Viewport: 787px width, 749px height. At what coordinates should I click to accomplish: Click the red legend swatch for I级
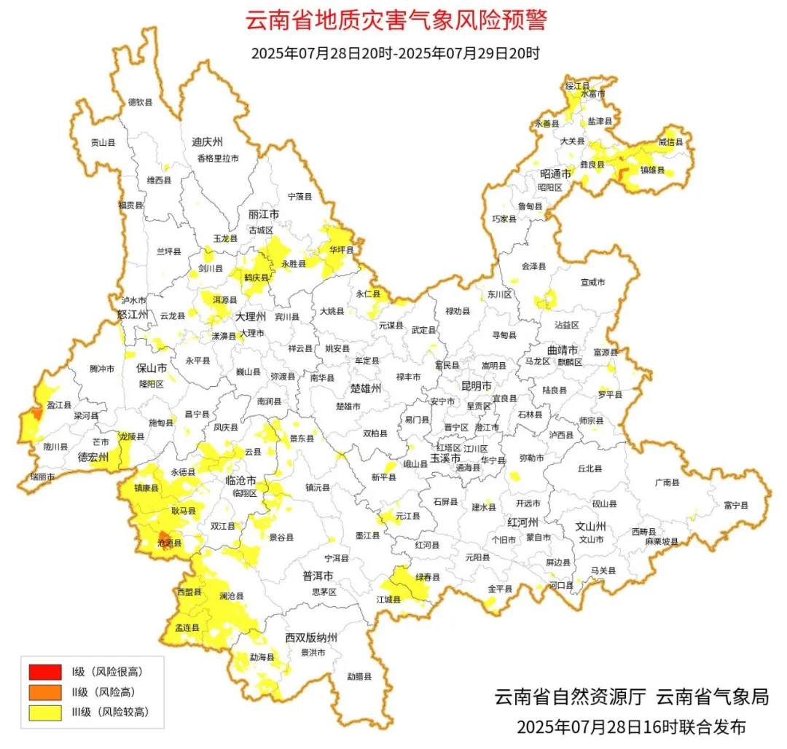pos(45,671)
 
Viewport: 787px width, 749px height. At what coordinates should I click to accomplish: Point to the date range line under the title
pos(396,53)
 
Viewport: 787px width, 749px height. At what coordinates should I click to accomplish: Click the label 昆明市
pos(477,385)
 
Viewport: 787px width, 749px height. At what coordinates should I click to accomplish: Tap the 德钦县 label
pos(140,103)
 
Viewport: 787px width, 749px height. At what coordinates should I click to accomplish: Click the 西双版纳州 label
pos(311,638)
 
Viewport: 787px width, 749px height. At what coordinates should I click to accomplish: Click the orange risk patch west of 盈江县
pos(36,414)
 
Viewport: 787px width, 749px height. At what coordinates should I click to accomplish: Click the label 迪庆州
pos(207,141)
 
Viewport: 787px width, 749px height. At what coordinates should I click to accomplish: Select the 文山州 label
pos(591,525)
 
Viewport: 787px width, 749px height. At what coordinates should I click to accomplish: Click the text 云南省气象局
pos(712,697)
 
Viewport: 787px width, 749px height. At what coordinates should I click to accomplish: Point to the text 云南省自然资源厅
pos(570,697)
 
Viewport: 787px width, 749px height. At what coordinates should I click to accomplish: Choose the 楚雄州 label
pos(366,388)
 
